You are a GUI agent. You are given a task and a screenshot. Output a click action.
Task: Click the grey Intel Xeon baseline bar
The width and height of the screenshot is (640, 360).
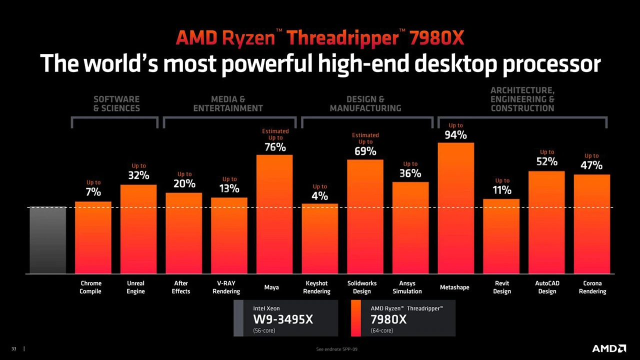(47, 240)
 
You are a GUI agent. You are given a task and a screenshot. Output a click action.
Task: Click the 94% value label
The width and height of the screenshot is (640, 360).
(455, 135)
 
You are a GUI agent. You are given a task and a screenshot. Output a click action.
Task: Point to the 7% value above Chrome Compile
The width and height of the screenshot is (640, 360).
(93, 192)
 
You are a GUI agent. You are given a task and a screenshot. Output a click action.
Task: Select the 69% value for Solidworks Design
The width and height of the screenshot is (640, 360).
(365, 151)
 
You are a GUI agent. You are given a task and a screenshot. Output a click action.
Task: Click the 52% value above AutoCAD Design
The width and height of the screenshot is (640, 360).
(547, 161)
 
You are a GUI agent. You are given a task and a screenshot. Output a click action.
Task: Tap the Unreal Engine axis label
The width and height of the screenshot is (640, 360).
(135, 287)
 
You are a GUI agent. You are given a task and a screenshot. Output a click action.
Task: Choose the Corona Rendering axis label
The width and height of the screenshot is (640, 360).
(592, 287)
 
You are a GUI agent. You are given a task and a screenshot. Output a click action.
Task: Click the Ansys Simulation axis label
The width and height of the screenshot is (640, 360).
(407, 287)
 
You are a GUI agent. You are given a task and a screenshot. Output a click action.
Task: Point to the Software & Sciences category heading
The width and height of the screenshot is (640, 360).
(116, 103)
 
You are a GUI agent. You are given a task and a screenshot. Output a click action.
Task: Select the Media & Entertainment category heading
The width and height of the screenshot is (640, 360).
(228, 103)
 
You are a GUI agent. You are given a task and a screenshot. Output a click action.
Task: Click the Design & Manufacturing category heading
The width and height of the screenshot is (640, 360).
(365, 103)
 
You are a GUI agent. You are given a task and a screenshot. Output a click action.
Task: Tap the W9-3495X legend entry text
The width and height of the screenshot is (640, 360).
(283, 319)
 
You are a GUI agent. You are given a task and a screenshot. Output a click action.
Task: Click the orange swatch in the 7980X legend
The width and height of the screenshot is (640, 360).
(356, 318)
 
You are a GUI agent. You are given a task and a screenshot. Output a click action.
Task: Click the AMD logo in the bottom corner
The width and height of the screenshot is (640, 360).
(608, 348)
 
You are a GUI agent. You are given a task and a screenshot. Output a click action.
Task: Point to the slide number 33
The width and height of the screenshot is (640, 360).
(14, 348)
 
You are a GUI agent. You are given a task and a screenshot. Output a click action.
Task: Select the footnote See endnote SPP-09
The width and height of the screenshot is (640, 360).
(336, 349)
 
